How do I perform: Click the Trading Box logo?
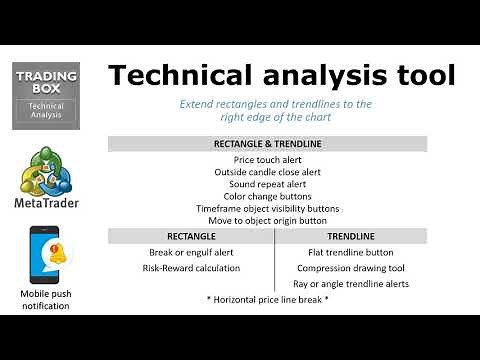pyautogui.click(x=46, y=95)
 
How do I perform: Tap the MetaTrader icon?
pyautogui.click(x=46, y=171)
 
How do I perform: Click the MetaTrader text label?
pyautogui.click(x=47, y=203)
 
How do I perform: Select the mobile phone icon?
pyautogui.click(x=45, y=256)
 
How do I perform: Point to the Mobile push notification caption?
pyautogui.click(x=46, y=299)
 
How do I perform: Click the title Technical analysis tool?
pyautogui.click(x=281, y=75)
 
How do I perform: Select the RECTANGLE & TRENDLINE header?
pyautogui.click(x=281, y=144)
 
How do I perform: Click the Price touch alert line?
pyautogui.click(x=281, y=159)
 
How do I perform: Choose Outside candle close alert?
pyautogui.click(x=281, y=172)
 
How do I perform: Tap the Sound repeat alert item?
pyautogui.click(x=281, y=184)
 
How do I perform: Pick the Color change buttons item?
pyautogui.click(x=281, y=196)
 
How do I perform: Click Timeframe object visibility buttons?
pyautogui.click(x=281, y=208)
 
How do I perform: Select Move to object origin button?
pyautogui.click(x=281, y=220)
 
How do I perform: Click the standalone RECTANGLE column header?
pyautogui.click(x=190, y=236)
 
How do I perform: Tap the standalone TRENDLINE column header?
pyautogui.click(x=365, y=236)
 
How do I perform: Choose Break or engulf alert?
pyautogui.click(x=190, y=252)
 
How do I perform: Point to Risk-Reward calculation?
pyautogui.click(x=190, y=268)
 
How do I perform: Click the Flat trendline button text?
pyautogui.click(x=365, y=252)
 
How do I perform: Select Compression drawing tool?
pyautogui.click(x=365, y=268)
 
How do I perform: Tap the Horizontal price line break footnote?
pyautogui.click(x=281, y=300)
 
